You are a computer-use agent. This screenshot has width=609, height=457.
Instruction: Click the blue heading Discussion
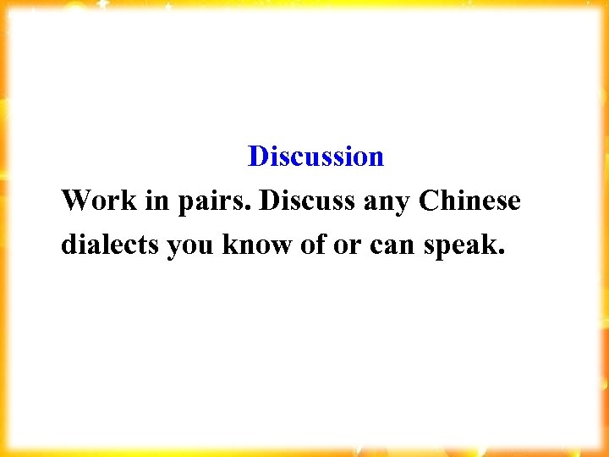315,157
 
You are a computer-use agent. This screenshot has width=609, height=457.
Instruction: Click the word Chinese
469,201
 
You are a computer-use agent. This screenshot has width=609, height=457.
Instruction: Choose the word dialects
110,245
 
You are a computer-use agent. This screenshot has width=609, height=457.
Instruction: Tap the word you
191,247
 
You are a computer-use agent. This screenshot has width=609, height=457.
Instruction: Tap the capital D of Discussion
258,157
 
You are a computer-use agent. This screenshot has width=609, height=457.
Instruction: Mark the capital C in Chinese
427,201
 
